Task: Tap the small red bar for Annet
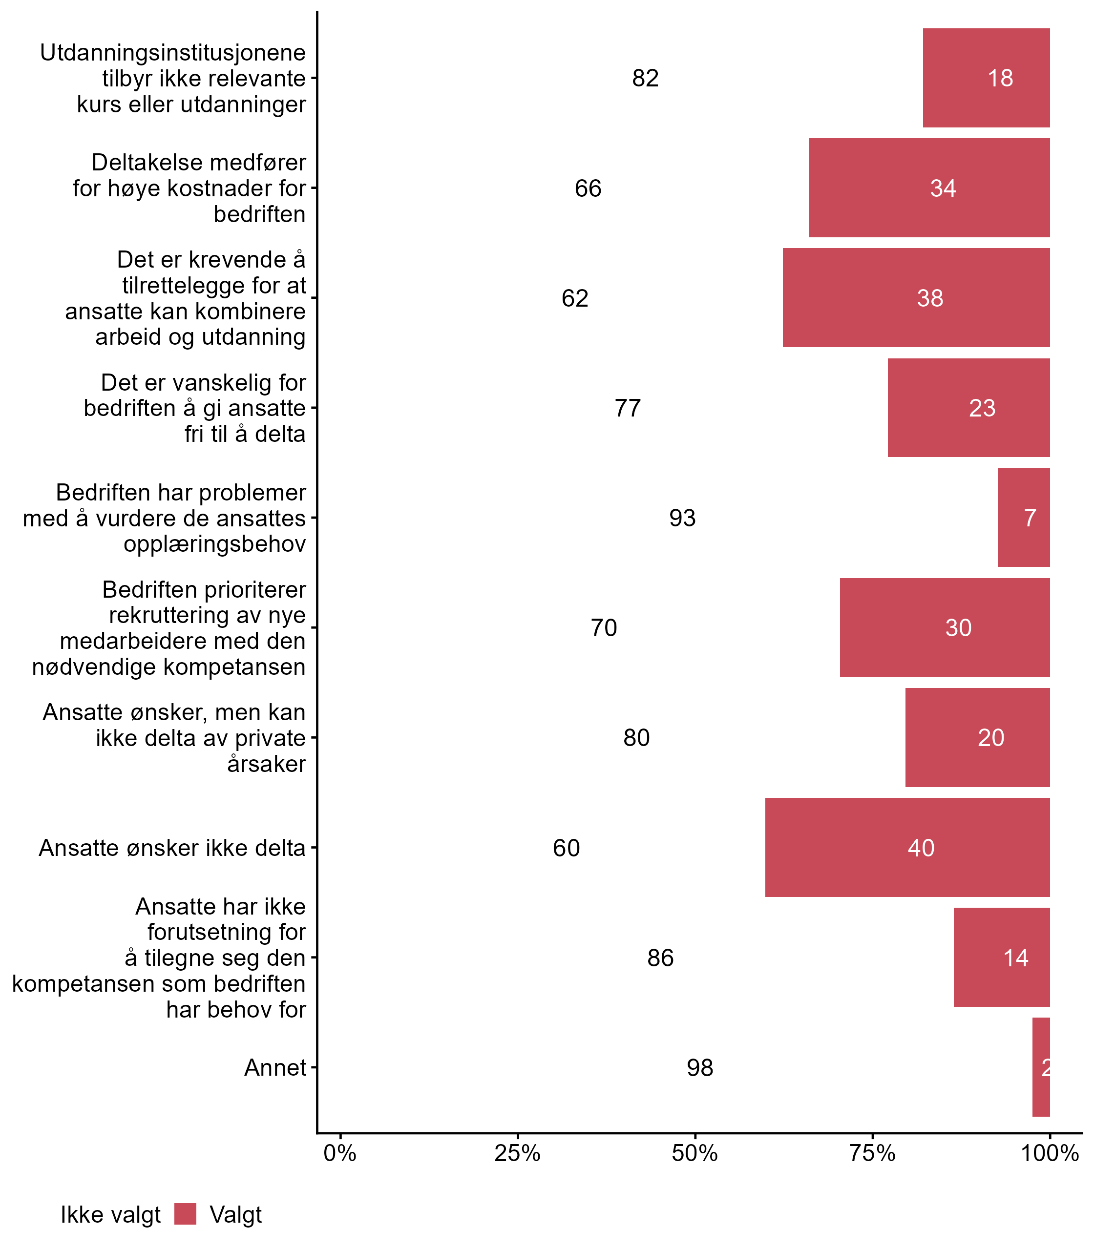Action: tap(1041, 1067)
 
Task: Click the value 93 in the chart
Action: tap(682, 518)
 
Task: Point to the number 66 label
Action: tap(588, 188)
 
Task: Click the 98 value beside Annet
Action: tap(699, 1067)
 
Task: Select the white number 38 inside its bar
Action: tap(930, 298)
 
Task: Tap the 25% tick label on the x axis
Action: tap(517, 1153)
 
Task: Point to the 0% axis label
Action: tap(340, 1153)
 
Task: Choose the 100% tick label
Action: tap(1050, 1153)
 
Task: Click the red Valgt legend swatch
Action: tap(185, 1214)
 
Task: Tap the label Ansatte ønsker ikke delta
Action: tap(171, 848)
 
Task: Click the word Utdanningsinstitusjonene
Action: tap(173, 53)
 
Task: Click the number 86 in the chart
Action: tap(660, 958)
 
